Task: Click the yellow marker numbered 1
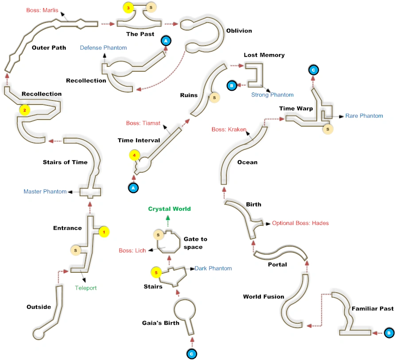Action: point(104,232)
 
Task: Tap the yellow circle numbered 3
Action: point(128,8)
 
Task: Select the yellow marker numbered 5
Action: point(156,272)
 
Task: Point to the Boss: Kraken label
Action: point(229,129)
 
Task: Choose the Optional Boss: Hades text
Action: point(300,223)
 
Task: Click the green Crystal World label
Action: point(169,209)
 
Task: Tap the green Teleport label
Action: point(85,288)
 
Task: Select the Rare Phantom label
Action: point(364,116)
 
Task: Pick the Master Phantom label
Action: point(45,192)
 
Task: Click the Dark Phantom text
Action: point(213,268)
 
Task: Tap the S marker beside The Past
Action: point(151,8)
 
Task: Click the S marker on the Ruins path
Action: point(214,97)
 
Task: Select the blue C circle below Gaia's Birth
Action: point(191,353)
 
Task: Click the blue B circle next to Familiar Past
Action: point(388,332)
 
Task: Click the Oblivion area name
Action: point(239,31)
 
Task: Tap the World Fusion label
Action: point(264,297)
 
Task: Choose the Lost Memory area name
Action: point(264,55)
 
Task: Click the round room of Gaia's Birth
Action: point(185,310)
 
